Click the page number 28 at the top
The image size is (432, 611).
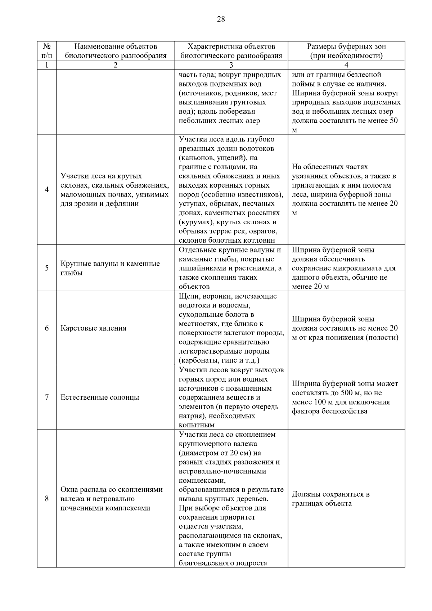[221, 19]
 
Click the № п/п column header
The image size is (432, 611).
[46, 51]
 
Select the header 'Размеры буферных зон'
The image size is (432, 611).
[346, 46]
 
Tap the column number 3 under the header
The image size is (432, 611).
[231, 65]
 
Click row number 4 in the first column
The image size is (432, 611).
[46, 190]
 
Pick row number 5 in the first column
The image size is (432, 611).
[46, 268]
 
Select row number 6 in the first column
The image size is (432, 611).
[46, 328]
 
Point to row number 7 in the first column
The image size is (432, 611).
[46, 397]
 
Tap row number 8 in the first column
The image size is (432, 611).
[46, 499]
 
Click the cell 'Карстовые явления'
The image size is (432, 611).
[93, 328]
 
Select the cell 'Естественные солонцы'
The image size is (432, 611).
[100, 397]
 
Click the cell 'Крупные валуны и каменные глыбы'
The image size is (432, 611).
[110, 268]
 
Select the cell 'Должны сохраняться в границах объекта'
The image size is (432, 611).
[330, 499]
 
